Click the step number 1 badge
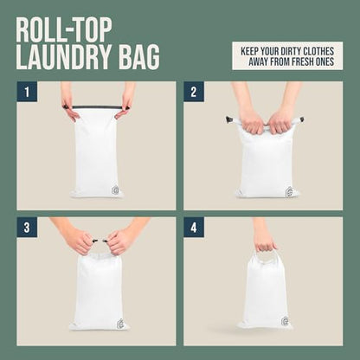[27, 92]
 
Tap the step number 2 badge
[194, 92]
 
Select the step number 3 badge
[27, 228]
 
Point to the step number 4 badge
[194, 228]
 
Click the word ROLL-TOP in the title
[64, 30]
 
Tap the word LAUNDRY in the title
[64, 57]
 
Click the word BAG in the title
[139, 57]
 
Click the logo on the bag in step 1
[115, 190]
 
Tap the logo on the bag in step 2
[289, 191]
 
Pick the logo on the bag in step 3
[121, 323]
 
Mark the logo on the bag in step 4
[285, 321]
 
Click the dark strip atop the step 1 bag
[96, 107]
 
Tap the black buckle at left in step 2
[230, 119]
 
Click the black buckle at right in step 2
[301, 119]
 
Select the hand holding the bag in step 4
[263, 235]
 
